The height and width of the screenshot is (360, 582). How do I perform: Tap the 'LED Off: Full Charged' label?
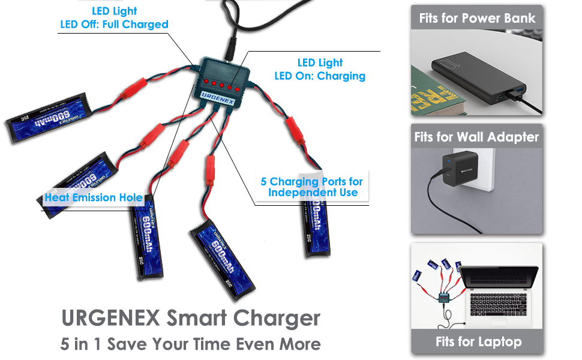point(114,25)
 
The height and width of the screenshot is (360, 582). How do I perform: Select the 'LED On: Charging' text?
point(320,76)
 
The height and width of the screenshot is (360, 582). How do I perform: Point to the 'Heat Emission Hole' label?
point(94,197)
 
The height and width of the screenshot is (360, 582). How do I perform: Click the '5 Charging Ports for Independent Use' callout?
point(312,187)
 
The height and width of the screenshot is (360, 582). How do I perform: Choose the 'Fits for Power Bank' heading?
point(477,18)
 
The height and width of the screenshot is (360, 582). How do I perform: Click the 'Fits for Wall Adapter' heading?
point(477,137)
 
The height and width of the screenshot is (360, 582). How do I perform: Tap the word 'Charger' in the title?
point(277,317)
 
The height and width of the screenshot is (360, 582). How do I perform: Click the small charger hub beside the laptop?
point(444,298)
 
